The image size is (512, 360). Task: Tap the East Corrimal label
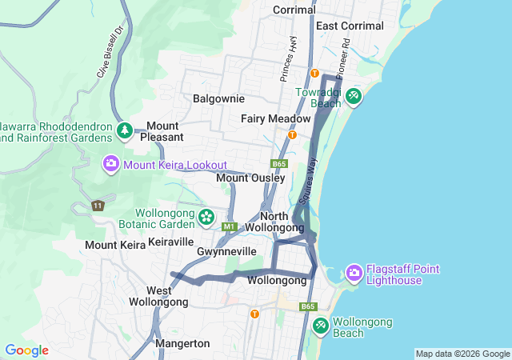click(350, 26)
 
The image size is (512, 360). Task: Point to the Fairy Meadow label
click(275, 118)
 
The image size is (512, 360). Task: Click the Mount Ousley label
click(250, 178)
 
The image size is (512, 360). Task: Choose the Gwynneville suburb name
click(226, 251)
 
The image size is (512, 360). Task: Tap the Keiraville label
click(171, 241)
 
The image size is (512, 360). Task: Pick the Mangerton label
click(183, 343)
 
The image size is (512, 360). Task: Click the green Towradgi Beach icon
click(354, 97)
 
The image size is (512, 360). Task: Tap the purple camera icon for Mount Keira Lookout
click(111, 164)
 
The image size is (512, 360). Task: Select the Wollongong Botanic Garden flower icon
click(206, 217)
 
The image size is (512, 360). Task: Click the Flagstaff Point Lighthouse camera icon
click(354, 274)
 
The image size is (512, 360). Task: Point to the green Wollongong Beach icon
click(320, 326)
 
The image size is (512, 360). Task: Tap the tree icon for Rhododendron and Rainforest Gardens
click(124, 130)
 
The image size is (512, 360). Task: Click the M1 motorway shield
click(230, 227)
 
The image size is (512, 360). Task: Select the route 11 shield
click(98, 206)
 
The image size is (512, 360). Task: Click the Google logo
click(26, 350)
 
